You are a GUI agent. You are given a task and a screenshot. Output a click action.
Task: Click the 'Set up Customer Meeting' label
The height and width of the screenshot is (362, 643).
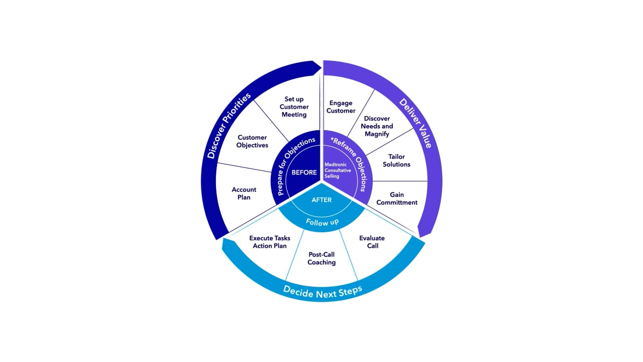click(294, 107)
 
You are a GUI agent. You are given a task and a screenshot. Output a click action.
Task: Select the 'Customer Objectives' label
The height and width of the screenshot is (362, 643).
click(252, 141)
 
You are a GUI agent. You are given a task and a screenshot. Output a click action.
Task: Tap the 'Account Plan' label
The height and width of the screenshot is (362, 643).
click(244, 194)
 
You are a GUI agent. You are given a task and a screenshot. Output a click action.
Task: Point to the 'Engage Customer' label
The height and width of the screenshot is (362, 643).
click(341, 107)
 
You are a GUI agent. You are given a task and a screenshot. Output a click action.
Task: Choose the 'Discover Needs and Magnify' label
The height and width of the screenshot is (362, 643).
click(377, 126)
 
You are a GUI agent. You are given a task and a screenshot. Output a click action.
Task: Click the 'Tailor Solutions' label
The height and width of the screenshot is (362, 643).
click(396, 160)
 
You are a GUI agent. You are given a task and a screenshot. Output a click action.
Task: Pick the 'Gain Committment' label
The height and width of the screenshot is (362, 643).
click(397, 199)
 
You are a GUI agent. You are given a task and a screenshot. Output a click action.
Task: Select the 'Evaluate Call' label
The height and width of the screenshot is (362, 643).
click(372, 242)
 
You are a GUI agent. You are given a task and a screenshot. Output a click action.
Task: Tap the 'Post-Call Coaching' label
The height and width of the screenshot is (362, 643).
click(321, 258)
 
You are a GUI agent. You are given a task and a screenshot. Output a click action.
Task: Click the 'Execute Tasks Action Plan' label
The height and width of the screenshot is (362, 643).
click(270, 242)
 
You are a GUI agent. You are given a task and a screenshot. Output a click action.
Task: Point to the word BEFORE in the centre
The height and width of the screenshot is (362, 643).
click(304, 172)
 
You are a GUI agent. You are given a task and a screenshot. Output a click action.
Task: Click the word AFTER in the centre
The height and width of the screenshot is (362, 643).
click(321, 200)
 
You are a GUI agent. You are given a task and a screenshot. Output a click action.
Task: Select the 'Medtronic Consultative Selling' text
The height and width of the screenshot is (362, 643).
click(338, 170)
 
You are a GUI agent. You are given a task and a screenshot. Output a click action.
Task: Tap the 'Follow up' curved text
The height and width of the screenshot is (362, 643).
click(322, 222)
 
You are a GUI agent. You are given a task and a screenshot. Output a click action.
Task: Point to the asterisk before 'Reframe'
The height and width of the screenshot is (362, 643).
click(333, 140)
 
